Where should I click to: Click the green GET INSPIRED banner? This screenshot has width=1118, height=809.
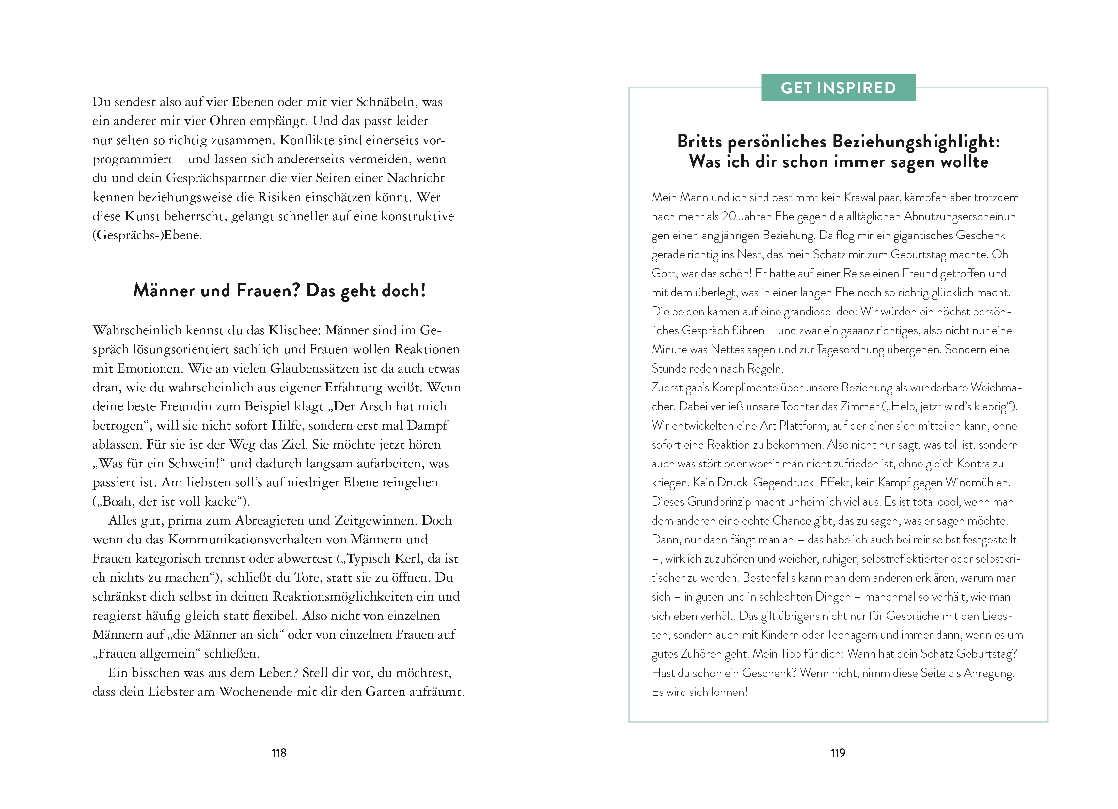coord(838,88)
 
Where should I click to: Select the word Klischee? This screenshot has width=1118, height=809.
coord(294,330)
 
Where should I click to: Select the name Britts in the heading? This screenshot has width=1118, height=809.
coord(700,141)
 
